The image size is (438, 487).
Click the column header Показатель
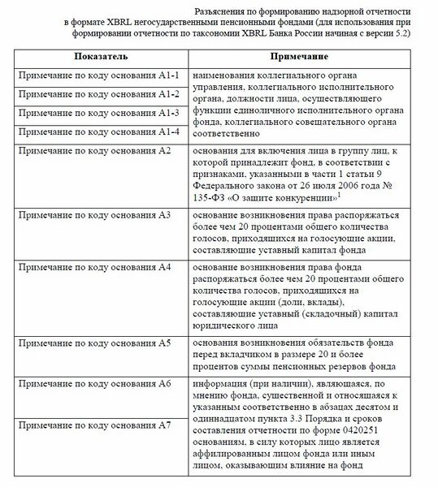pos(99,58)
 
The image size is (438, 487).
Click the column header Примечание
pos(300,58)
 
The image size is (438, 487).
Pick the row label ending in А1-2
pos(98,94)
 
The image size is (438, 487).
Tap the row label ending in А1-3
pos(98,113)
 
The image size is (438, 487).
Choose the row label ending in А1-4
pos(98,131)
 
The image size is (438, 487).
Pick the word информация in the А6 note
pos(221,383)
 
